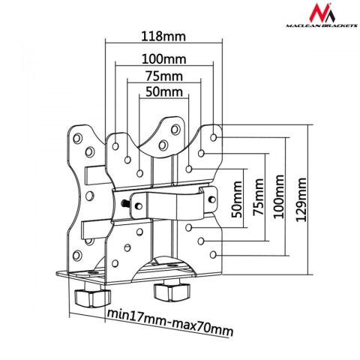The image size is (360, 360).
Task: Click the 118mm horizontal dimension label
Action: [x=159, y=35]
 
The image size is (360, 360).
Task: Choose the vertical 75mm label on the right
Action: [x=259, y=196]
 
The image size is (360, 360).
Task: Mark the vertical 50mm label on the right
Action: [x=238, y=199]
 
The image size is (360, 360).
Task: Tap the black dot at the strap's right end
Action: [x=210, y=198]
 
